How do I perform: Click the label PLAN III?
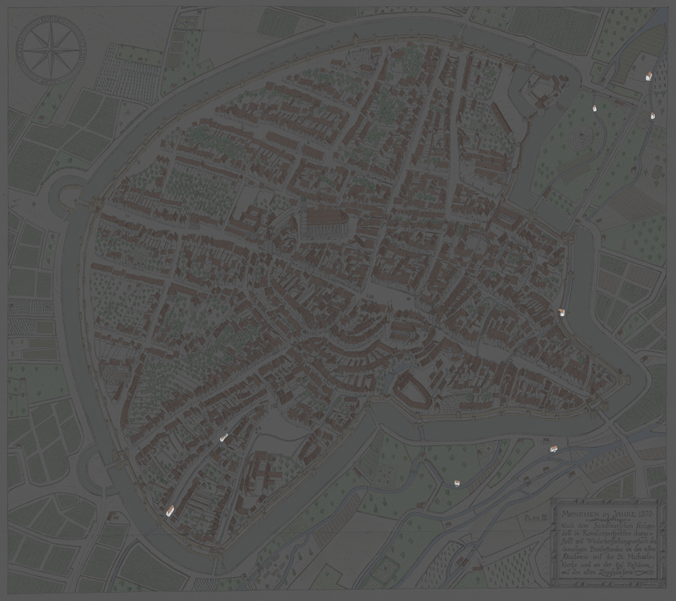535,518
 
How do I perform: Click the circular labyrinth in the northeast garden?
579,139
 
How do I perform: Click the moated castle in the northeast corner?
540,89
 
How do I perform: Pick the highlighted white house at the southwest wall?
170,509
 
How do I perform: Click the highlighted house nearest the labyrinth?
595,107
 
